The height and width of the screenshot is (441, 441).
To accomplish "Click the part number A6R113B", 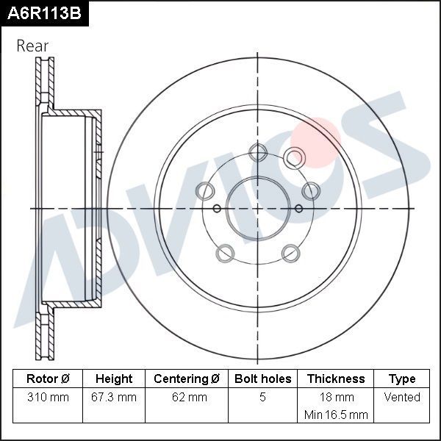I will tap(43, 12).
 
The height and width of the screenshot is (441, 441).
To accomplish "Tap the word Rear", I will tap(32, 46).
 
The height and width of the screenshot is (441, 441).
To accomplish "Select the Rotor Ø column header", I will tap(48, 379).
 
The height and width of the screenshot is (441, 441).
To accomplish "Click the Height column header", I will tap(114, 379).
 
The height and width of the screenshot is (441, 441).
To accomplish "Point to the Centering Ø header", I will tap(187, 379).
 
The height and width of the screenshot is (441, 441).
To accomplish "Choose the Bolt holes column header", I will tap(262, 379).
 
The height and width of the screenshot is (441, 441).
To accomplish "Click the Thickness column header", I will tap(336, 379).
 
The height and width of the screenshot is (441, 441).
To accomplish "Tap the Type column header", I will tap(402, 379).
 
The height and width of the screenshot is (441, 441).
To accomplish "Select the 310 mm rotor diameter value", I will tap(48, 398).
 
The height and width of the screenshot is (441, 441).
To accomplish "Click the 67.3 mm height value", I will tap(114, 398).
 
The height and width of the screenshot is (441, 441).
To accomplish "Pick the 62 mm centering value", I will tap(187, 398).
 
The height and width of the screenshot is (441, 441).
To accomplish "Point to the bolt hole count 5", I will tap(262, 398).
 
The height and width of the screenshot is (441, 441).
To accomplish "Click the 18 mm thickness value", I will tap(336, 398).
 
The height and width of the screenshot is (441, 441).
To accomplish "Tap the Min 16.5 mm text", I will tap(336, 415).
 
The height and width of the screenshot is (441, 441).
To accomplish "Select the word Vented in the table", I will tap(402, 398).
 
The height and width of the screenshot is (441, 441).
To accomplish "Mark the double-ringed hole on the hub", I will tap(294, 157).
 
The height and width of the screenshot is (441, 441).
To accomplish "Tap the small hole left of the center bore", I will tap(217, 208).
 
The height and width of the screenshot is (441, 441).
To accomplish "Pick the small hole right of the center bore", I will tap(298, 208).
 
